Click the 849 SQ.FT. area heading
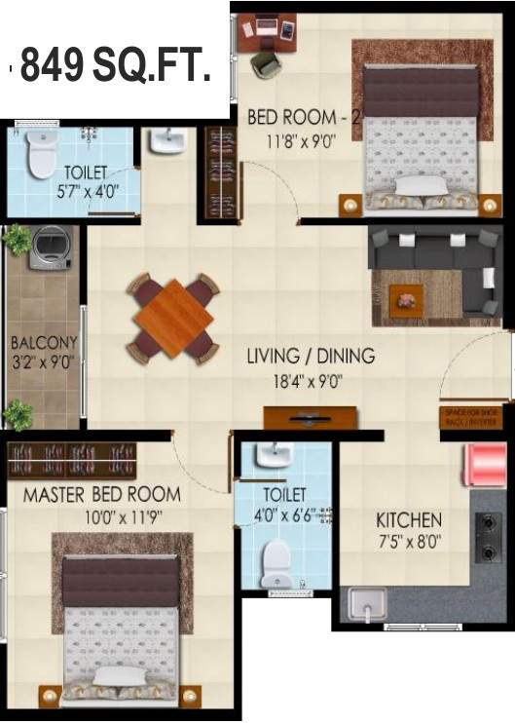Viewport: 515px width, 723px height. tap(114, 66)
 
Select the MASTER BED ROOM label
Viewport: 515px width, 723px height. tap(102, 494)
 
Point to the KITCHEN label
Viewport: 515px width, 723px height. tap(410, 520)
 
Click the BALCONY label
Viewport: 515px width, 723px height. tap(43, 344)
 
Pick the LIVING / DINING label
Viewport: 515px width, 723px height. tap(310, 357)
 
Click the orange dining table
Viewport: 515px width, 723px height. tap(173, 319)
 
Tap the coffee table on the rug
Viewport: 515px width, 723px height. tap(406, 299)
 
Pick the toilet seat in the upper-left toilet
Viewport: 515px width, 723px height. tap(41, 157)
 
